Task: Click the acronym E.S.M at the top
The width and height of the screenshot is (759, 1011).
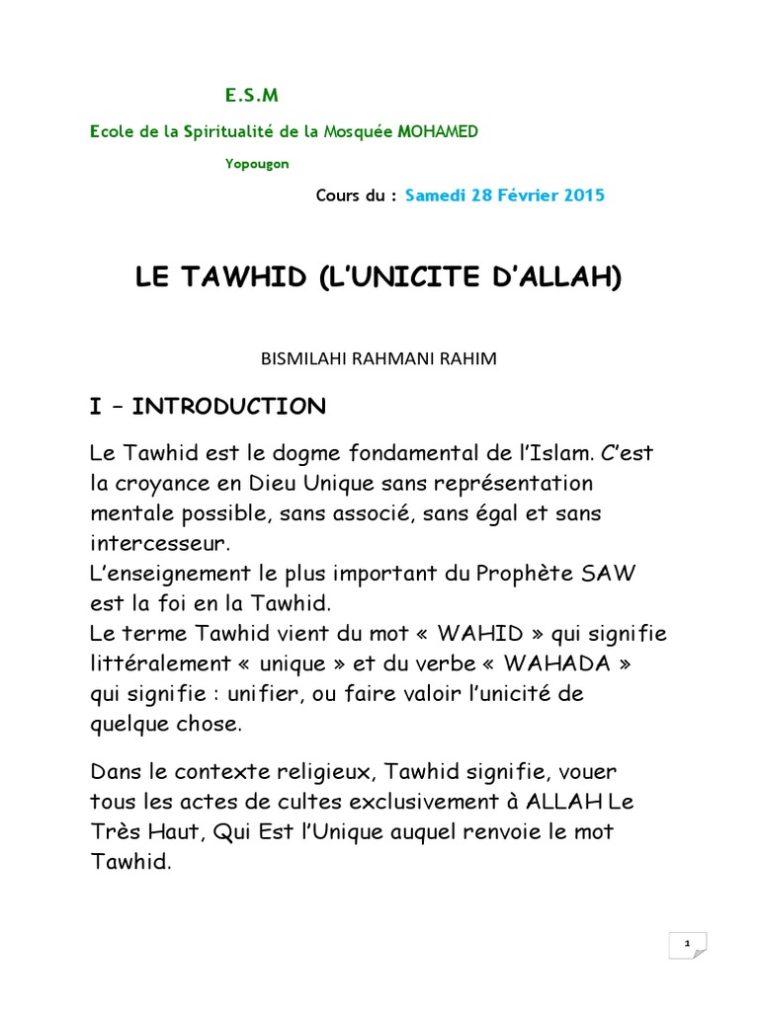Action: point(250,96)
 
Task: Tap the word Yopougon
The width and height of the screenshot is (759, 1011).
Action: point(257,164)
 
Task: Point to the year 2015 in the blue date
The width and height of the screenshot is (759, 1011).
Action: point(584,195)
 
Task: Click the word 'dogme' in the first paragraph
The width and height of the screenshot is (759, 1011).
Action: point(295,453)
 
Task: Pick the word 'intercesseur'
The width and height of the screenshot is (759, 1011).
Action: point(158,543)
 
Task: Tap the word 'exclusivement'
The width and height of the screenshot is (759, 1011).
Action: point(399,801)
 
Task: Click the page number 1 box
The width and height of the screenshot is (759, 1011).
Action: point(686,945)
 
